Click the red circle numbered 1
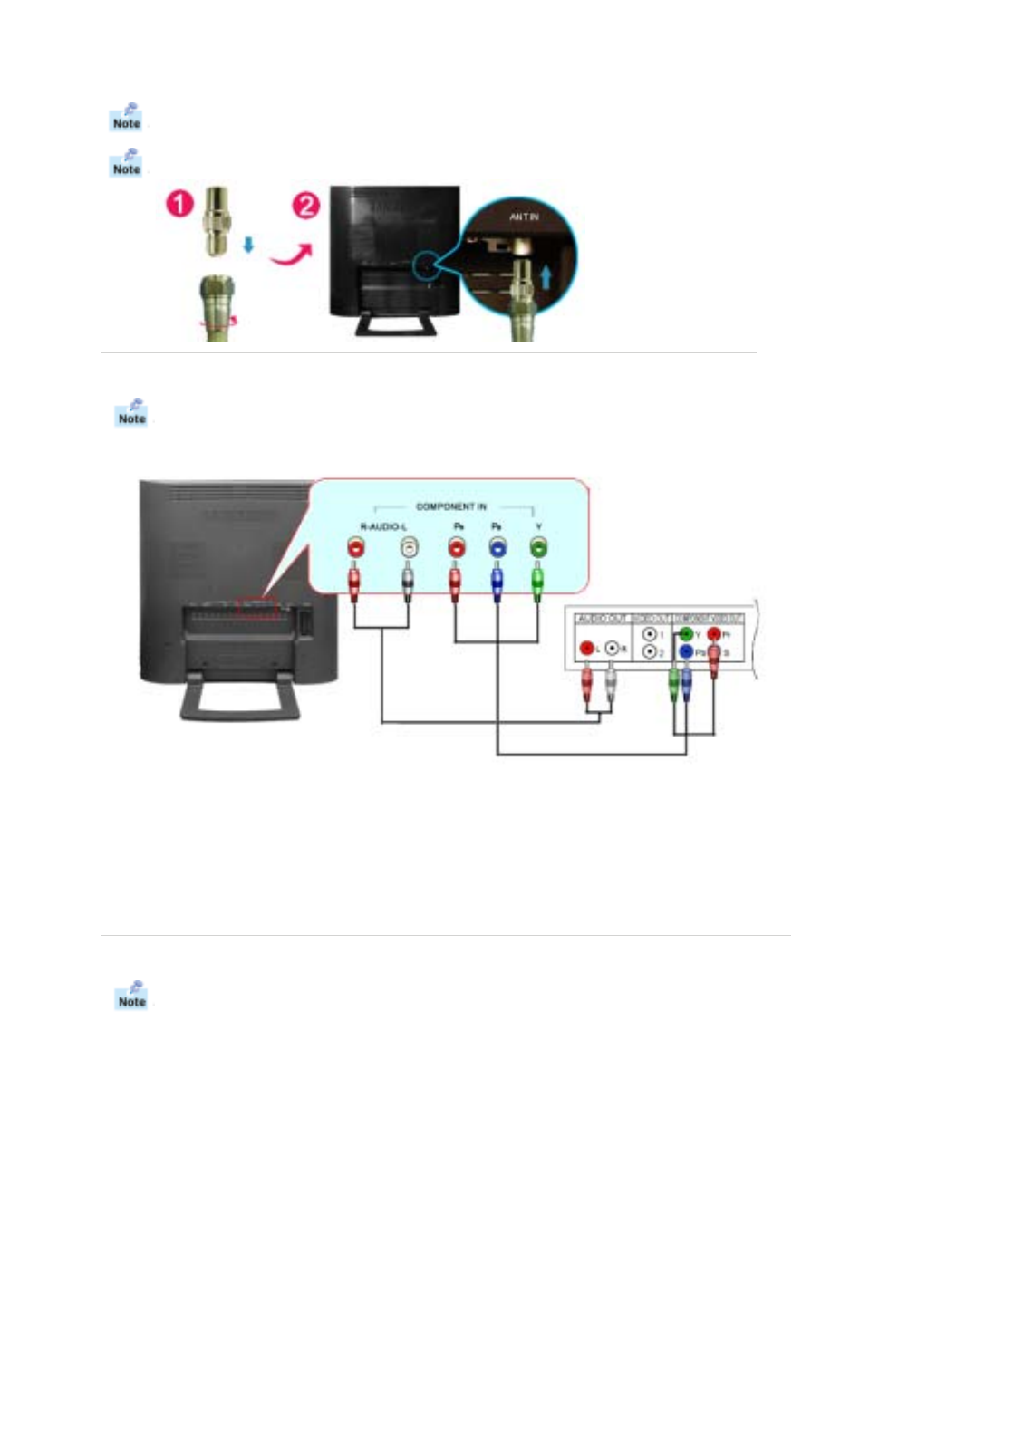179,203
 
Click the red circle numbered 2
305,205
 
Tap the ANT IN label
523,217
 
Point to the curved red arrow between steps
291,253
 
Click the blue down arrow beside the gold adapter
247,244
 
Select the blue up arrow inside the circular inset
546,275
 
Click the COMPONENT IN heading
450,506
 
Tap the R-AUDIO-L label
383,526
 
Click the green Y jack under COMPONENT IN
538,547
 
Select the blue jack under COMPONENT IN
497,547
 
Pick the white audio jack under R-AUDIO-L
409,547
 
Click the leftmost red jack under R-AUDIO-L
356,547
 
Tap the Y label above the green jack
538,526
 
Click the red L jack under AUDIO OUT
587,649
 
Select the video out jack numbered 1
650,635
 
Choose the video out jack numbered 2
650,652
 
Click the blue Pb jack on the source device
686,652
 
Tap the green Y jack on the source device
686,634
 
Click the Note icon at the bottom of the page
131,995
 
